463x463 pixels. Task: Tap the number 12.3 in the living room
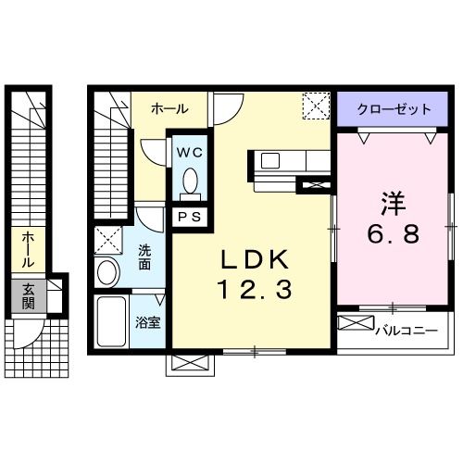(255, 291)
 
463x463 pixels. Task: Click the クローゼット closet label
(395, 108)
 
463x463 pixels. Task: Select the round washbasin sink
(107, 272)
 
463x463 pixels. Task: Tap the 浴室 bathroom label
(148, 324)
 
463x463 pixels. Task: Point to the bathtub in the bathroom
(111, 321)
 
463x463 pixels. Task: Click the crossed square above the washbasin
(108, 241)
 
